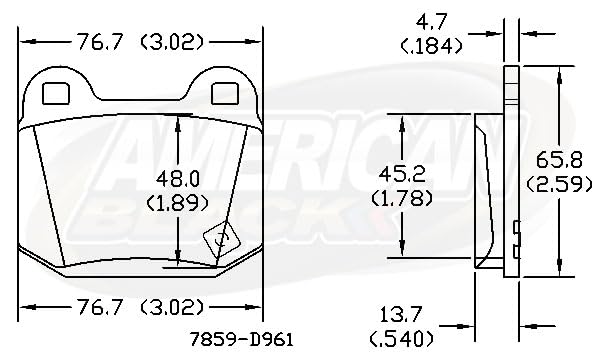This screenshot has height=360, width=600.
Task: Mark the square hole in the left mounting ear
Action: click(x=58, y=93)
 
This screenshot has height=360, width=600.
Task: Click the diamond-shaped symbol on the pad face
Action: click(x=220, y=239)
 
